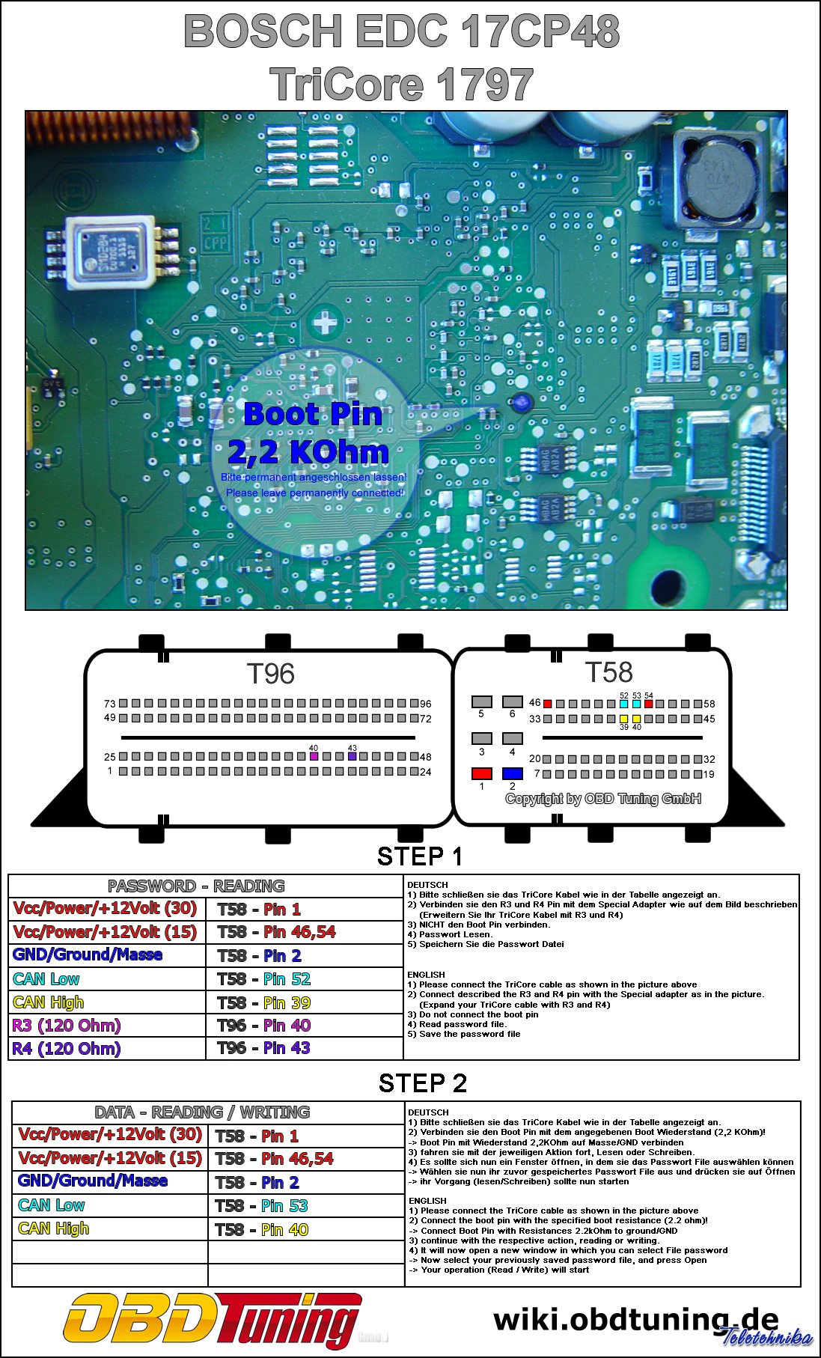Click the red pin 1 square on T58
(x=481, y=773)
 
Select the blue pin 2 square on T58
(x=512, y=773)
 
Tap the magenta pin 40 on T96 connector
(x=314, y=756)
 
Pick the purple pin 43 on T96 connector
(x=352, y=756)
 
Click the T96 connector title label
(x=270, y=674)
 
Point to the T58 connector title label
(x=608, y=672)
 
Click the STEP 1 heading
(x=420, y=856)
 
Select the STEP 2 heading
(x=422, y=1083)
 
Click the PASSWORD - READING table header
(x=196, y=886)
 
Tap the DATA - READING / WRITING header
(x=202, y=1112)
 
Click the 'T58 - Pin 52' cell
(x=263, y=979)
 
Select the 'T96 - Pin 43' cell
(x=263, y=1048)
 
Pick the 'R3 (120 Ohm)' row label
(x=66, y=1026)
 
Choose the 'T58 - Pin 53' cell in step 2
(x=261, y=1206)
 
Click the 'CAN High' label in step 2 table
(x=53, y=1228)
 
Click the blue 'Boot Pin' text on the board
(x=313, y=414)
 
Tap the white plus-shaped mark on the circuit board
(x=325, y=323)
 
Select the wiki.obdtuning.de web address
(x=636, y=1319)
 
